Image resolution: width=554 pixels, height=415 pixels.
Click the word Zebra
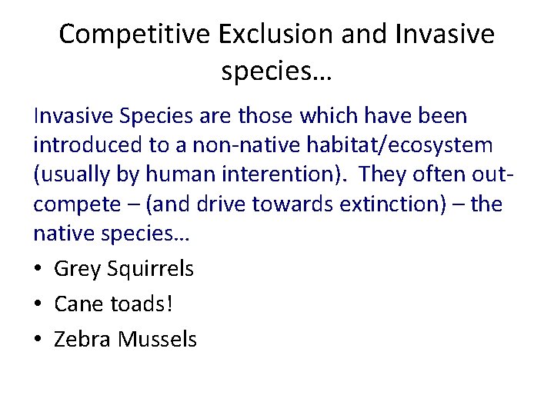(x=82, y=338)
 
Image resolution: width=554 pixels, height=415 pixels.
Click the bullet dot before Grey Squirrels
(x=38, y=269)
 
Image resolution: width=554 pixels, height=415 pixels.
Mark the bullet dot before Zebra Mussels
(x=38, y=339)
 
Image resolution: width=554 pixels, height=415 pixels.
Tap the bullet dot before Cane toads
(x=38, y=304)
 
